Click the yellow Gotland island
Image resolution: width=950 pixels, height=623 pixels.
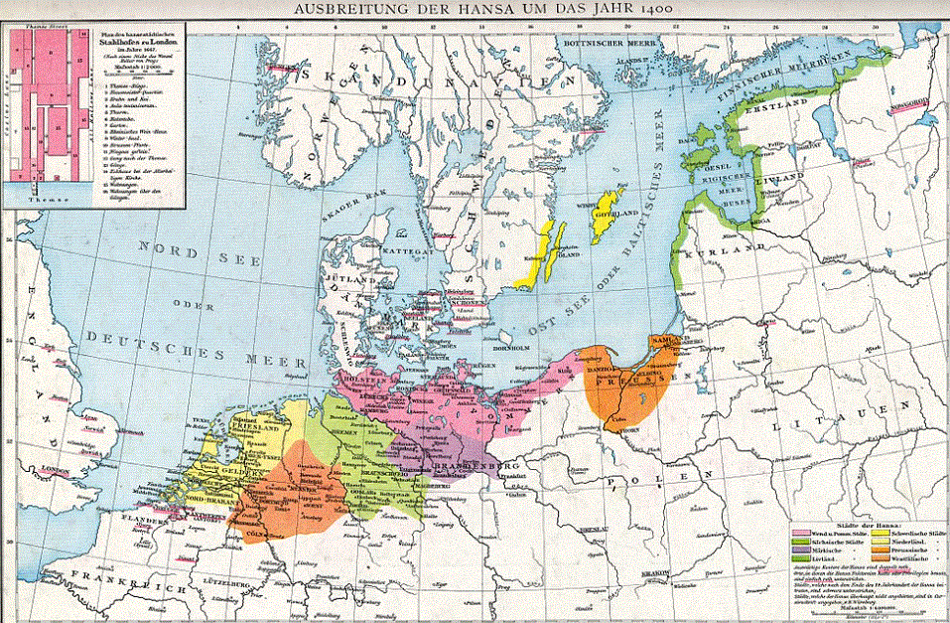[x=602, y=219]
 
